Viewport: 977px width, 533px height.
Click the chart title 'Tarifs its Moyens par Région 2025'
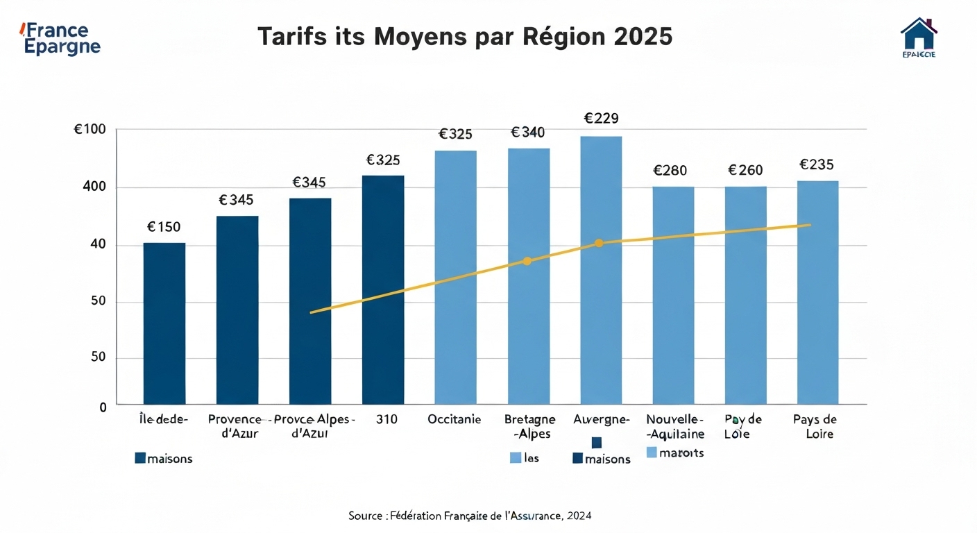pos(465,37)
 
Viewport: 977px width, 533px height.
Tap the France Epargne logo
pos(61,39)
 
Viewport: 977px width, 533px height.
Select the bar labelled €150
pos(164,323)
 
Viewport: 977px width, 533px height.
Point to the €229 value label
pos(601,119)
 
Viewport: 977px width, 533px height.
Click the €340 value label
pos(528,133)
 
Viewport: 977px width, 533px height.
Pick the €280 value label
pos(670,171)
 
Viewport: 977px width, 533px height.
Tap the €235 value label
pos(817,165)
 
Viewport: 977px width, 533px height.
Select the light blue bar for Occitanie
pos(455,278)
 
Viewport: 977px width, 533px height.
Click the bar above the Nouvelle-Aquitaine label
pos(673,295)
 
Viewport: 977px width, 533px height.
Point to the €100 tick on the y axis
pos(90,130)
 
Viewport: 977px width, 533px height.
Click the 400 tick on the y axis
pos(95,187)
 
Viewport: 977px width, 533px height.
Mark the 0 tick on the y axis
pos(103,407)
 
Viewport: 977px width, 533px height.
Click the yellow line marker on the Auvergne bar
pos(600,243)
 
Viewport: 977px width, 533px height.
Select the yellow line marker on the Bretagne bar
pos(527,261)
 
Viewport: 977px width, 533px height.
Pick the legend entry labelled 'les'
pos(525,458)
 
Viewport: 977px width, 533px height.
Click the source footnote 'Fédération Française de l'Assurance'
pos(470,516)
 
